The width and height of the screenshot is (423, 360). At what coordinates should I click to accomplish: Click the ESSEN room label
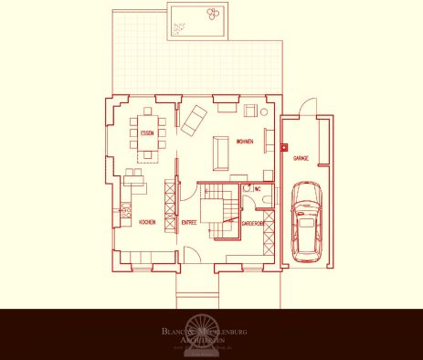tap(146, 134)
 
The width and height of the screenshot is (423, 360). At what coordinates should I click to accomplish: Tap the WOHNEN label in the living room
tap(244, 143)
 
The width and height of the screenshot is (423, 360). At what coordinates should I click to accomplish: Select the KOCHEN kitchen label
tap(146, 222)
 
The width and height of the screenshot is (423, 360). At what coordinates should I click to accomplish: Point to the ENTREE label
tap(189, 222)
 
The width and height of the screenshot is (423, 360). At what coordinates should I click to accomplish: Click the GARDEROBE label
tap(253, 222)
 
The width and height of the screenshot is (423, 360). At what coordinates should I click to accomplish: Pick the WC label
tap(259, 190)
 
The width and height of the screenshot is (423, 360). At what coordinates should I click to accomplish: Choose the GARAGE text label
tap(300, 158)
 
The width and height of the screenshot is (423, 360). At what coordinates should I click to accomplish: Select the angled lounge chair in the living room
tap(196, 119)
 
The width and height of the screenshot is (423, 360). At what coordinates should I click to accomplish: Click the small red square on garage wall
tap(284, 146)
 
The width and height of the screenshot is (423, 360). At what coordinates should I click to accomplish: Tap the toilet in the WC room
tap(248, 190)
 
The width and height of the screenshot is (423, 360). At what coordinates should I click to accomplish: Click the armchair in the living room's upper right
tap(249, 111)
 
